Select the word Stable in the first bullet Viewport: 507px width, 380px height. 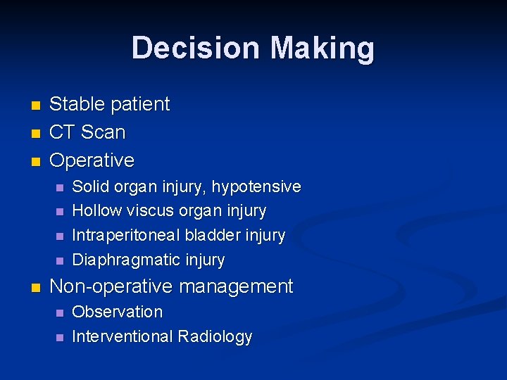tap(75, 104)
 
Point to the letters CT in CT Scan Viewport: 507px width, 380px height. tap(62, 132)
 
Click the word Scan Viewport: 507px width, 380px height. tap(103, 132)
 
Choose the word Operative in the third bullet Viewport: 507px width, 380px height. tap(92, 160)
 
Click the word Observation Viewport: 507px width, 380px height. tap(118, 312)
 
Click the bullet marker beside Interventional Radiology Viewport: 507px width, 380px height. tap(59, 338)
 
